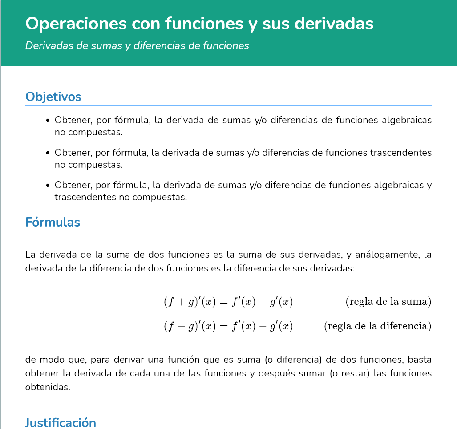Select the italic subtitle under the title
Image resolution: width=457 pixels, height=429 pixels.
click(x=137, y=46)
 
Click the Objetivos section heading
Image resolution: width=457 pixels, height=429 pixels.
click(x=53, y=97)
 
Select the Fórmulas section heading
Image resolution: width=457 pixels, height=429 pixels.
click(x=53, y=222)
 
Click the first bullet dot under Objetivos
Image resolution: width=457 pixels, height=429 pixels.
click(x=48, y=121)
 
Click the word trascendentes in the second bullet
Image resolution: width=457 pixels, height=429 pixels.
click(x=401, y=153)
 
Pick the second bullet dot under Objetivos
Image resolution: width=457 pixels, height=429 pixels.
click(x=48, y=153)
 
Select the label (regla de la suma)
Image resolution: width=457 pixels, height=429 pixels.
click(x=388, y=302)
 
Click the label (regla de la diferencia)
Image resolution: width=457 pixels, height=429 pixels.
click(x=377, y=326)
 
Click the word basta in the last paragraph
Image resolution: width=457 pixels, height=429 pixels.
click(x=420, y=359)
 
